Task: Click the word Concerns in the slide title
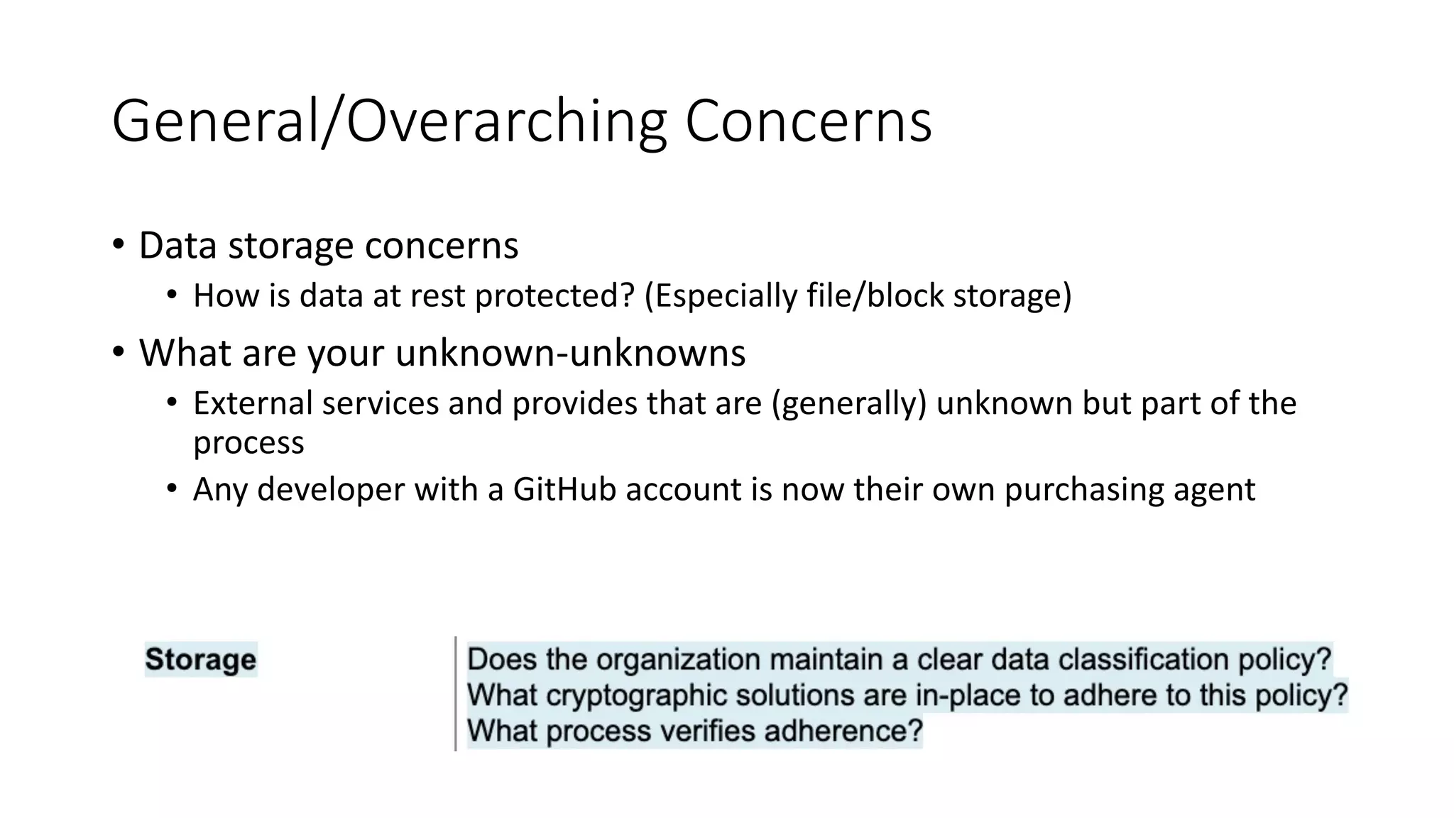pos(808,122)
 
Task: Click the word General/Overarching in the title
pos(389,122)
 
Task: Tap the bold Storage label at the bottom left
pos(200,660)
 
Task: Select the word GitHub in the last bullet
pos(564,489)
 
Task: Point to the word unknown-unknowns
pos(570,353)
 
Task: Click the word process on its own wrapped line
pos(248,443)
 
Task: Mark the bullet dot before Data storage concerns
pos(118,245)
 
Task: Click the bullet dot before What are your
pos(118,352)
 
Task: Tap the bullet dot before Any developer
pos(172,489)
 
